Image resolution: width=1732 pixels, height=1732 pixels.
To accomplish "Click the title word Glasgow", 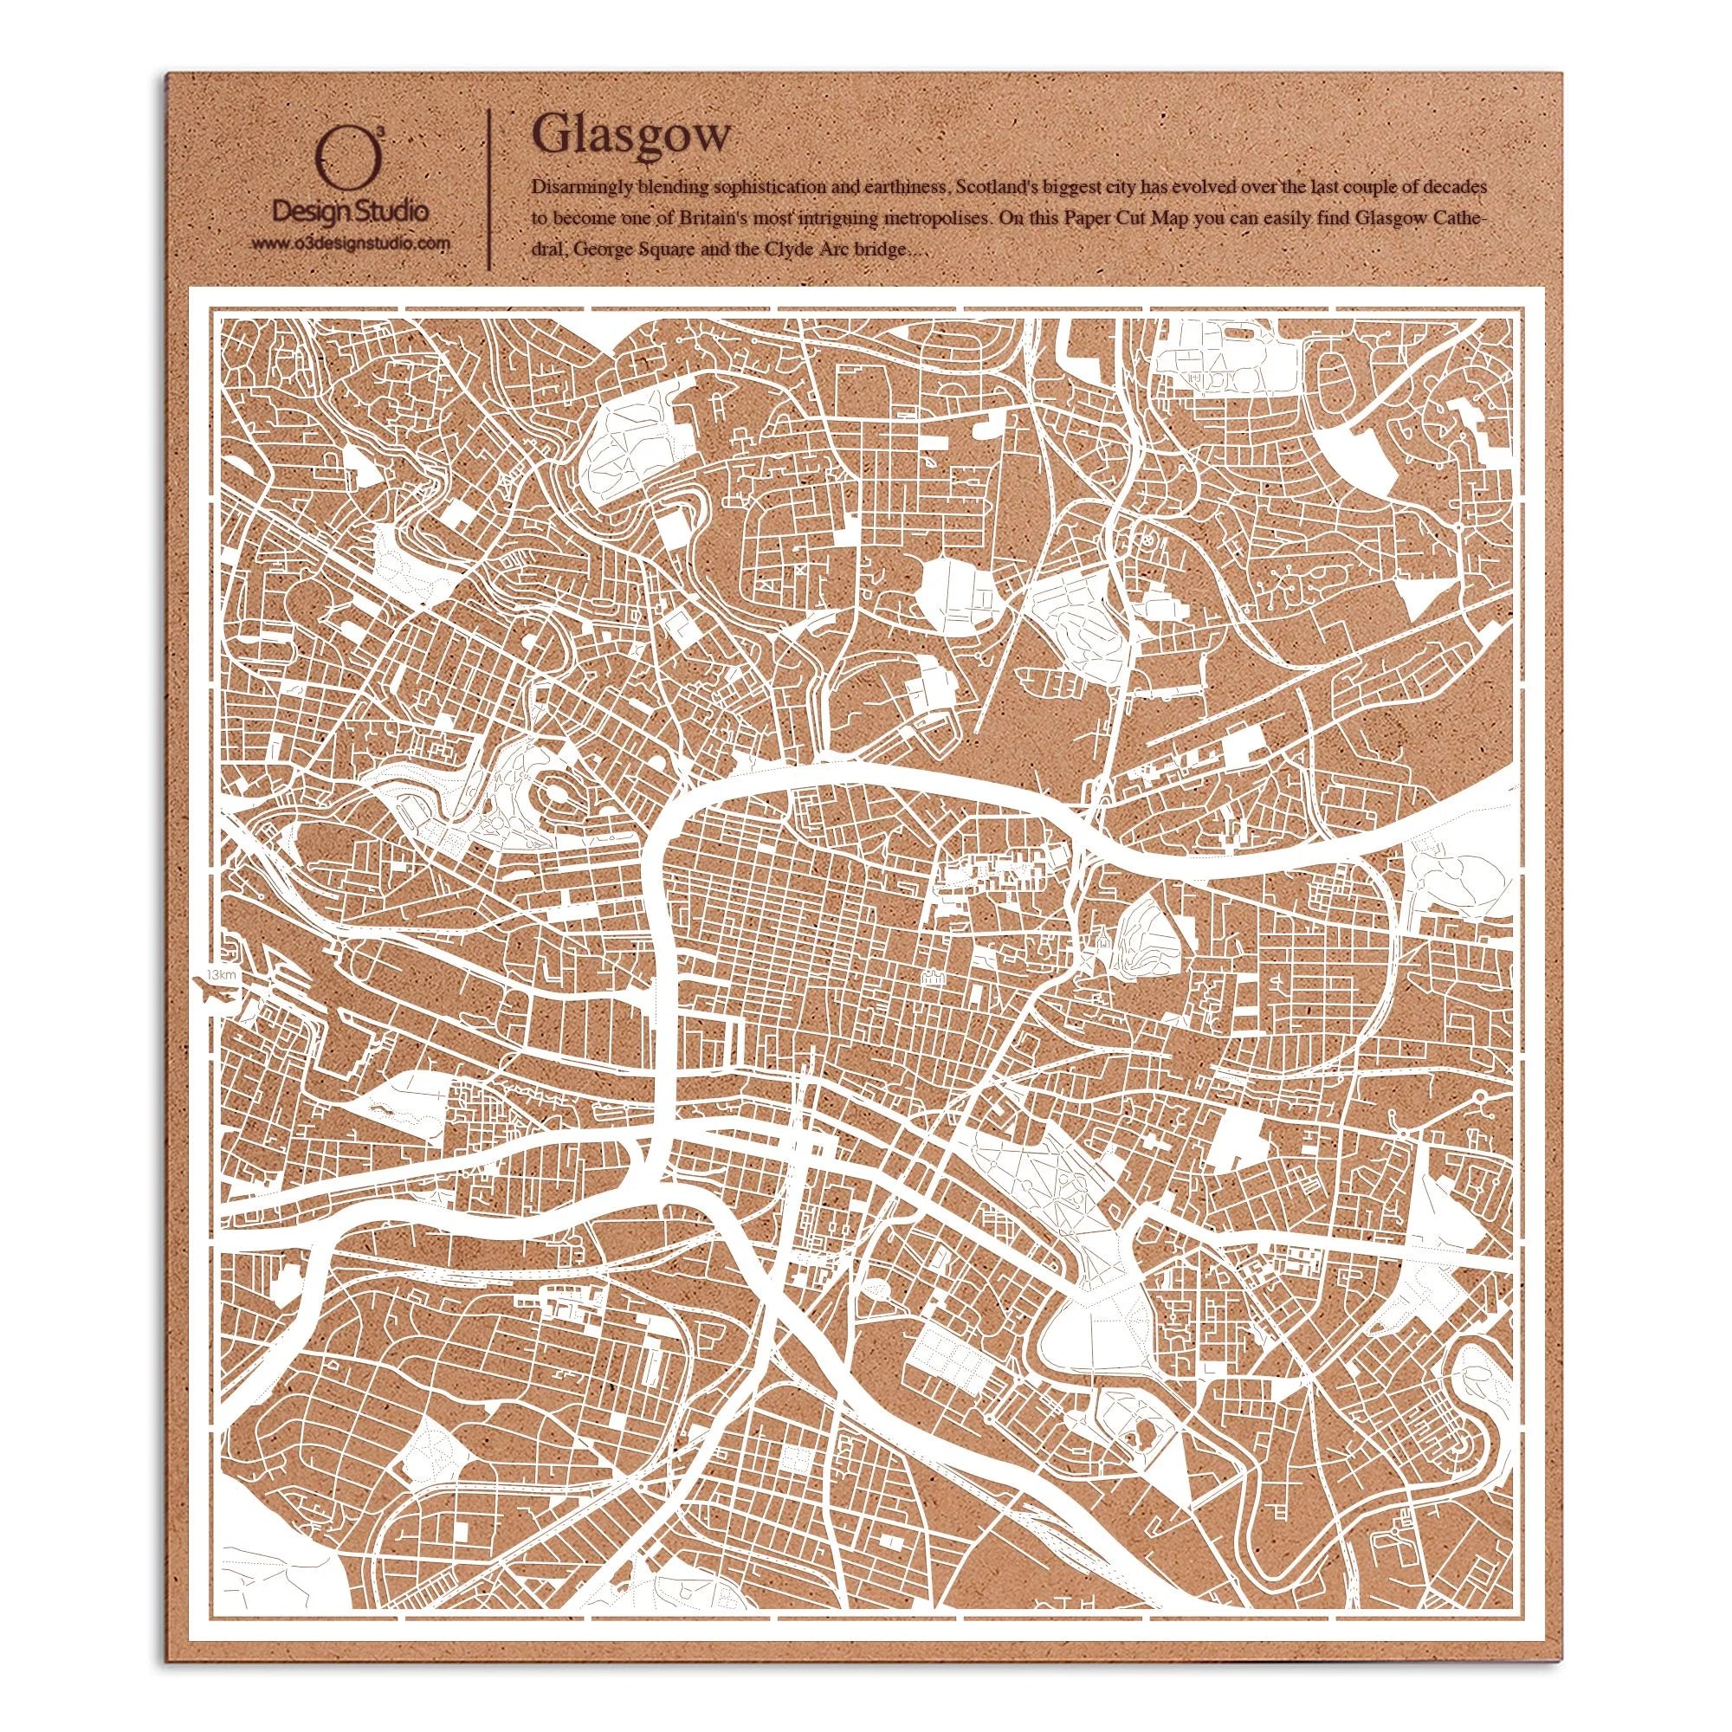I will tap(630, 136).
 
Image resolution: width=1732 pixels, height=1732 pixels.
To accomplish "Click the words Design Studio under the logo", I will tap(349, 213).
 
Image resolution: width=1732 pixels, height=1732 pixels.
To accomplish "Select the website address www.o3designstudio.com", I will tap(349, 243).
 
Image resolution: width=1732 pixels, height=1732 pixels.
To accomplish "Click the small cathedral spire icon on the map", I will tap(1099, 943).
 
